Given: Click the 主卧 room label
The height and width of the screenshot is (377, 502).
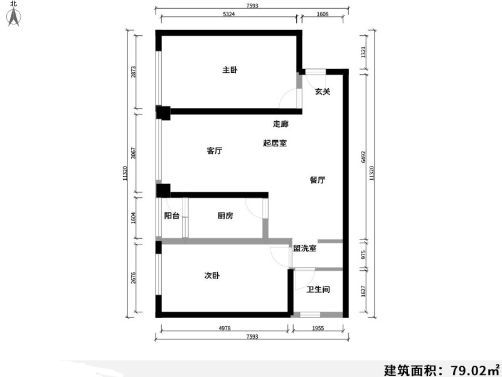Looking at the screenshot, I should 230,70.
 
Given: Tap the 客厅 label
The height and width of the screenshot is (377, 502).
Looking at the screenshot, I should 215,151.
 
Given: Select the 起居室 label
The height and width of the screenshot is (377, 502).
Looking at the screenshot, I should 275,143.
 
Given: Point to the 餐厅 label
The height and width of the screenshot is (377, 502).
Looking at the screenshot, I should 318,180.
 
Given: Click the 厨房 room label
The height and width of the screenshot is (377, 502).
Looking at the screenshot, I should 225,216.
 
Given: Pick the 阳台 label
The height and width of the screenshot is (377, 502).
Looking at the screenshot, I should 172,216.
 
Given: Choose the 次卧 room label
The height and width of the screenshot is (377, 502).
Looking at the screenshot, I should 211,276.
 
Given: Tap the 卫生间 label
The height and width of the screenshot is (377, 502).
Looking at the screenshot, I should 318,290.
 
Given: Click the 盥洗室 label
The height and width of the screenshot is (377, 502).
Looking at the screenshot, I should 305,249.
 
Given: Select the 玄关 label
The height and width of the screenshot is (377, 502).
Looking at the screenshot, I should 323,92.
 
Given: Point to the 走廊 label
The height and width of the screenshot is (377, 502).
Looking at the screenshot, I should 280,124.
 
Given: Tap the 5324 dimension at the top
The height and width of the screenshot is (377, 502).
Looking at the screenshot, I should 228,14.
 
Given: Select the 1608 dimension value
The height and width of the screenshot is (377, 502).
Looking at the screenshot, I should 323,14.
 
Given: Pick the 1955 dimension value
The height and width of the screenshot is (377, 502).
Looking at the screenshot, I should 318,328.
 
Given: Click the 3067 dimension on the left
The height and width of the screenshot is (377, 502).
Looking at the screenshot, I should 133,154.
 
